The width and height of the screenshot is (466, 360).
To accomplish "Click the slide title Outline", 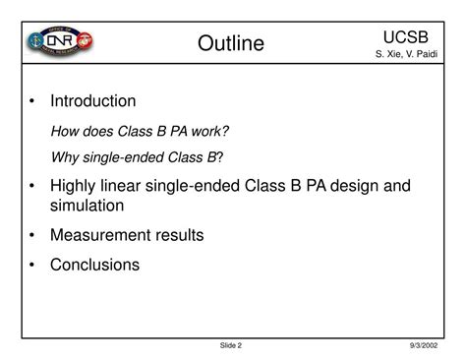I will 231,43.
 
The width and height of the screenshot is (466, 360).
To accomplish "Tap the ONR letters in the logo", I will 61,44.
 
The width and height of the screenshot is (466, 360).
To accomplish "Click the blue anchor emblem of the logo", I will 31,44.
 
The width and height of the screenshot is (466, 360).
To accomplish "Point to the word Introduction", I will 93,101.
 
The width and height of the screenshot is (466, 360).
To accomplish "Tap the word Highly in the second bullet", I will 75,186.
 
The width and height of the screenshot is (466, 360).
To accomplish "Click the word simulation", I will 87,206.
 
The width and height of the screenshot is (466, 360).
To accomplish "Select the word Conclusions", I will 95,264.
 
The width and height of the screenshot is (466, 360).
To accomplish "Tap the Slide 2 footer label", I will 231,345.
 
